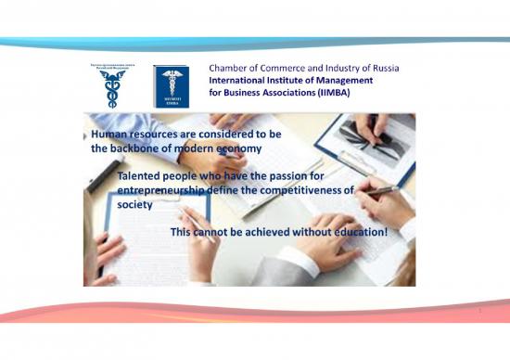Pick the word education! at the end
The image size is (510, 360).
(x=357, y=230)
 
